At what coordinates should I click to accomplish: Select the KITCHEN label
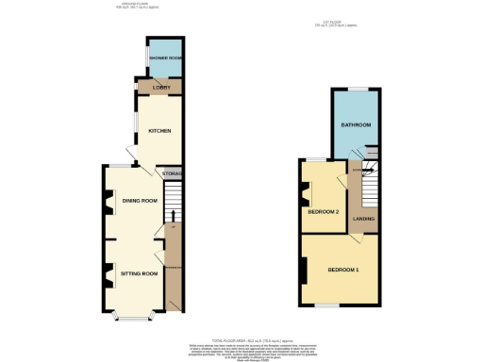(x=159, y=131)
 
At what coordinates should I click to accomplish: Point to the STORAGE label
(x=172, y=174)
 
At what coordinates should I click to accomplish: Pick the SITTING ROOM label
(x=140, y=273)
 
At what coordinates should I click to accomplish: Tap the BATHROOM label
(x=355, y=125)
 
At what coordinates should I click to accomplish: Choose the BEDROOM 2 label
(x=324, y=211)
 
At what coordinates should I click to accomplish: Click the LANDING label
(x=364, y=219)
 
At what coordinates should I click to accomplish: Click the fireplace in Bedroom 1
(x=304, y=271)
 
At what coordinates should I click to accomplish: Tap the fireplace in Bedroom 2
(x=306, y=195)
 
